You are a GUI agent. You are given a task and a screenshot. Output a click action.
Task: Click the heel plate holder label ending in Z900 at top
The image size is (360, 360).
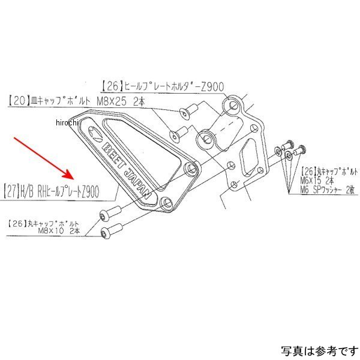click(162, 86)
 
